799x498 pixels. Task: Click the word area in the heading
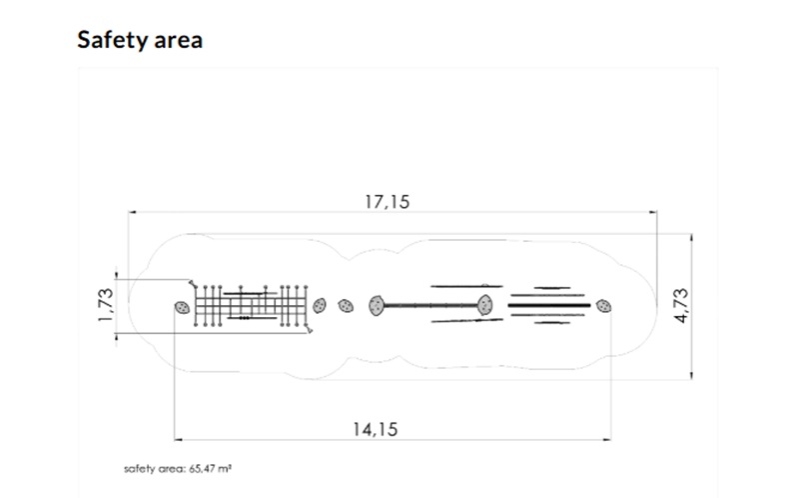179,41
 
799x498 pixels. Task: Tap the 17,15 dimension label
388,202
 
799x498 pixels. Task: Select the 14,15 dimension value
376,430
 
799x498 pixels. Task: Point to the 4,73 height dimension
681,306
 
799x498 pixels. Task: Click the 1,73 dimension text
106,305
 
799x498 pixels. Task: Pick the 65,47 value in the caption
203,468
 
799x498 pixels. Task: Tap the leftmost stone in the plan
182,307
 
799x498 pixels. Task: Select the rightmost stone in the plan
604,306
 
